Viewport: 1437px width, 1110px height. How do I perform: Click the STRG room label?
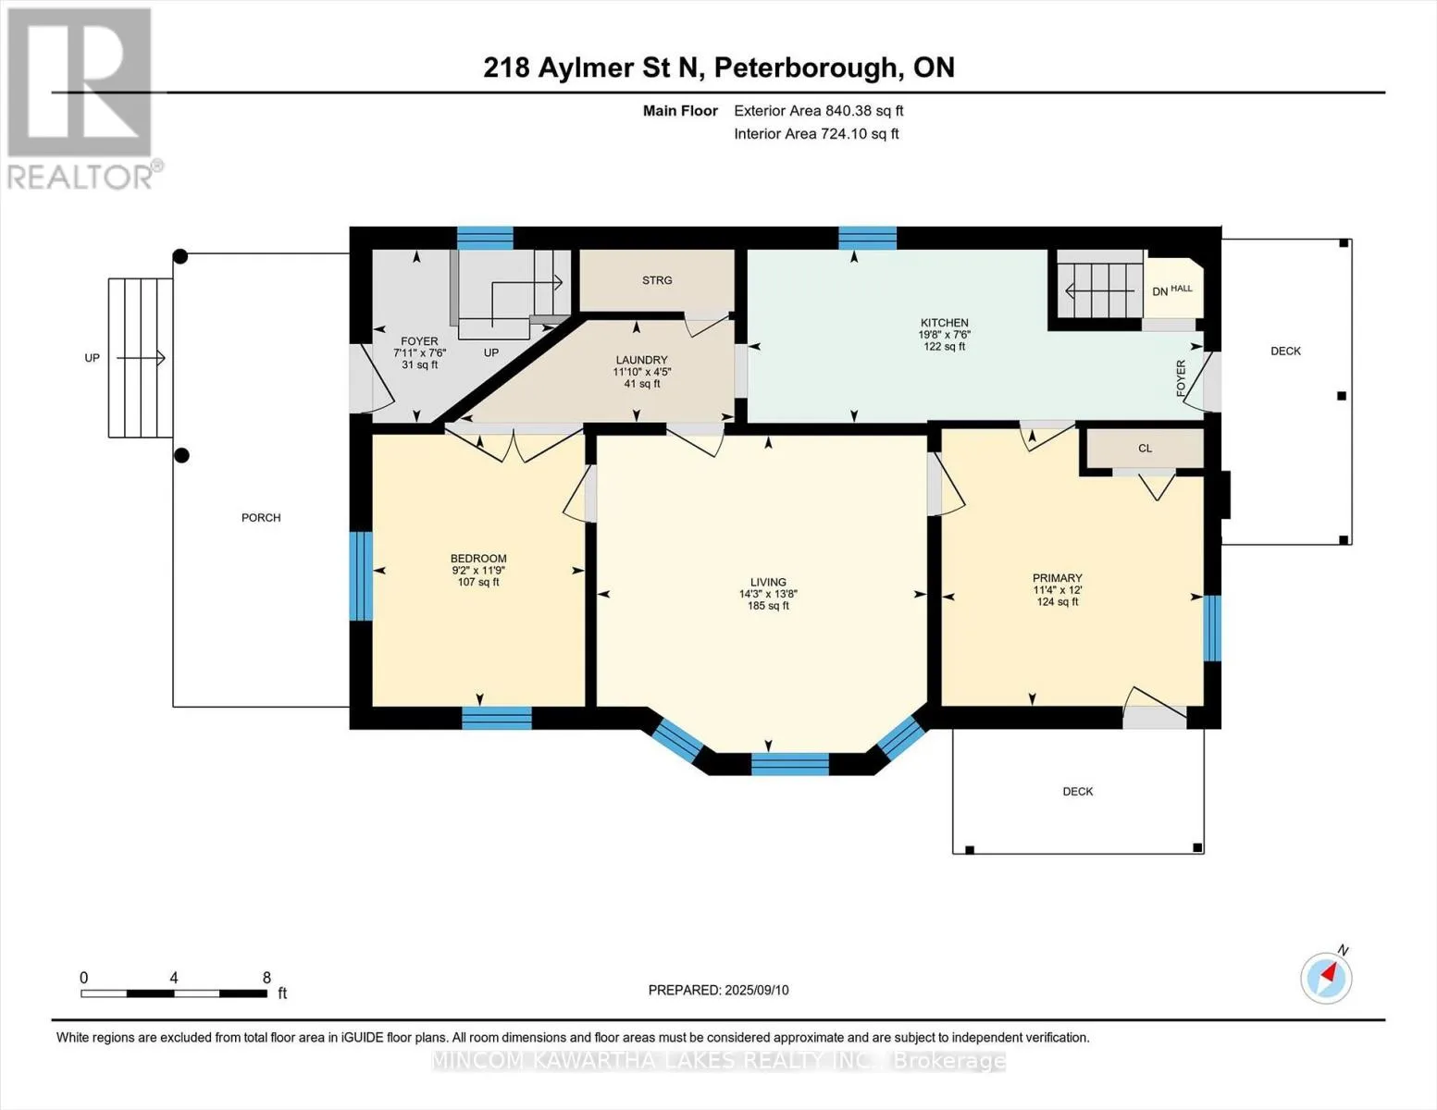(x=657, y=280)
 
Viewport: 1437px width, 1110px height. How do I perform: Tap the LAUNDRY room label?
(x=641, y=360)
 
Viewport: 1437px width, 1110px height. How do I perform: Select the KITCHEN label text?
(x=945, y=323)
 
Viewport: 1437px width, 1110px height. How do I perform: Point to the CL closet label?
(x=1145, y=449)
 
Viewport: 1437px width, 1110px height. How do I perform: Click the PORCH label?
(x=261, y=518)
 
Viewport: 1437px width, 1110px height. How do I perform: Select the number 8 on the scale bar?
(x=266, y=978)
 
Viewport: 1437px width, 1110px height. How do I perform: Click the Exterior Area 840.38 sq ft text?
(x=819, y=111)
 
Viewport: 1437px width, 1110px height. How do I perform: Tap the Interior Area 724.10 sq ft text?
(x=816, y=133)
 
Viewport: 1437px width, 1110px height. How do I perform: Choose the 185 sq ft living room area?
(x=768, y=606)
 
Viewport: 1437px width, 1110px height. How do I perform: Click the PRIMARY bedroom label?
(x=1058, y=578)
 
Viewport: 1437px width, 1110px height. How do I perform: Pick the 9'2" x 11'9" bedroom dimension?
(x=478, y=570)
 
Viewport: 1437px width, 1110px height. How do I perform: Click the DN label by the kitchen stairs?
(x=1160, y=291)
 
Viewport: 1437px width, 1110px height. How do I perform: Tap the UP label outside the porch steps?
(x=92, y=358)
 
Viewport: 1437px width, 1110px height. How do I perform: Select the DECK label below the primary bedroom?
(x=1077, y=792)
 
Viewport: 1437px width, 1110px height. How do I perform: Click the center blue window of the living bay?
(x=790, y=764)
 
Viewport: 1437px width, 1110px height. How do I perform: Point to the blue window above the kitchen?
(x=868, y=238)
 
